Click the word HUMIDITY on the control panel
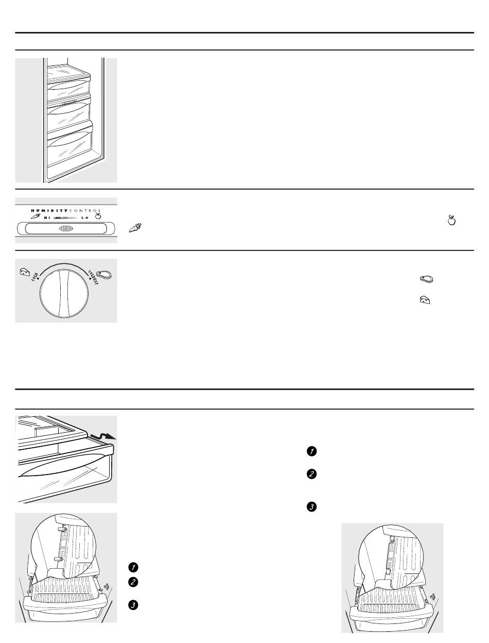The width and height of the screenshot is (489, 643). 49,211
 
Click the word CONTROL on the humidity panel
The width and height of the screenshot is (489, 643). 84,211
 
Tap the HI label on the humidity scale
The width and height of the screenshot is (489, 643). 47,218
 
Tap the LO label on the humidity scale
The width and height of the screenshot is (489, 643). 85,218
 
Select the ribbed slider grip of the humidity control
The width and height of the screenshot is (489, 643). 66,228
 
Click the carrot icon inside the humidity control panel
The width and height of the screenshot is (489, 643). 36,216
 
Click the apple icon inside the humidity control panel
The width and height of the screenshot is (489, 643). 98,216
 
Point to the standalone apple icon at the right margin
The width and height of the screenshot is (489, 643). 451,220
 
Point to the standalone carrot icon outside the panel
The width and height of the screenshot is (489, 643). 135,228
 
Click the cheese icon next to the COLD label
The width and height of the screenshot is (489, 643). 25,272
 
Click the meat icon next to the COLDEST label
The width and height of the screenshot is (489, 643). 104,275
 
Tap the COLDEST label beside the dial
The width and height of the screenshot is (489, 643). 93,277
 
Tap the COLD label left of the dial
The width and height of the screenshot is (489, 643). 34,277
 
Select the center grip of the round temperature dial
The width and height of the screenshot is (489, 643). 64,294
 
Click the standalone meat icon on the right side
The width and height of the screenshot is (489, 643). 426,279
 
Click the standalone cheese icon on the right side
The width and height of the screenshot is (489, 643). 425,300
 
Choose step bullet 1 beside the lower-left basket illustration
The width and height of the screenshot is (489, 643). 133,567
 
